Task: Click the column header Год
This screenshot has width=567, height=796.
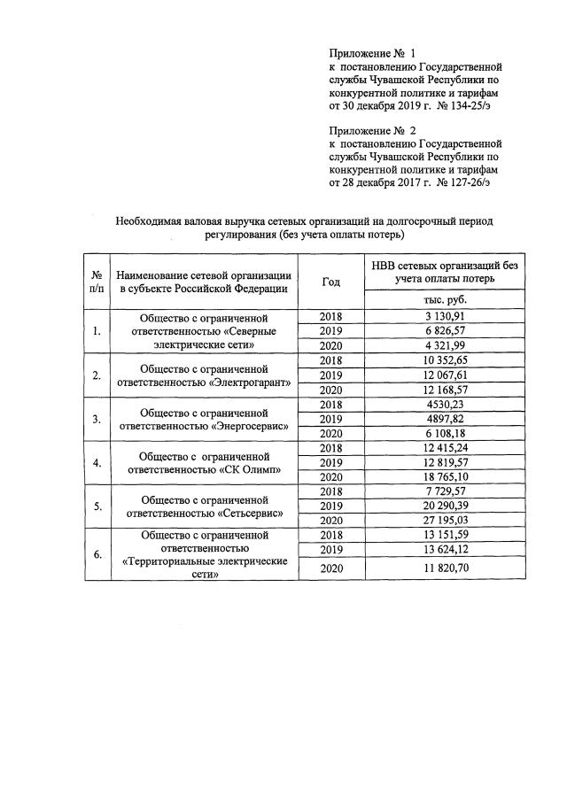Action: click(330, 281)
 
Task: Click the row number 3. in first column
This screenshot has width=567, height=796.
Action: click(96, 419)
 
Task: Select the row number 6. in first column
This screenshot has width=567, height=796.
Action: click(96, 554)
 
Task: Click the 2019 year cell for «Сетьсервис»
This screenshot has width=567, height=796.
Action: click(330, 506)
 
